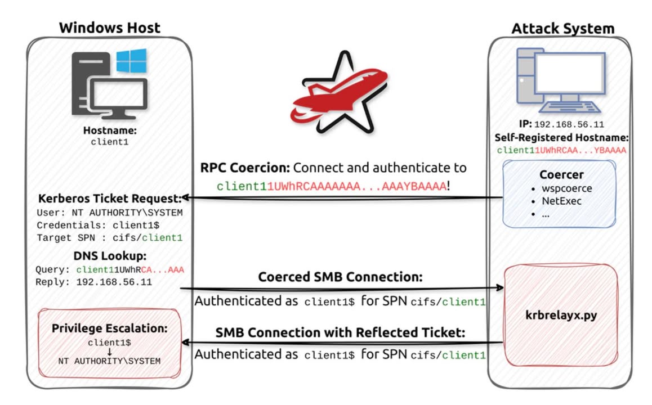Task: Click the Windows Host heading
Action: [109, 28]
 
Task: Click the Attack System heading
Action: [562, 28]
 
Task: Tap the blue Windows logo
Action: [131, 60]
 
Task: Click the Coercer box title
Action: [561, 175]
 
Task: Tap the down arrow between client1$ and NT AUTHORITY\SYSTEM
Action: [109, 351]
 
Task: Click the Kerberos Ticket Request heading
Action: [109, 200]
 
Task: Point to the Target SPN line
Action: [110, 238]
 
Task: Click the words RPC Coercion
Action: [245, 168]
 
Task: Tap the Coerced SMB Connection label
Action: [340, 277]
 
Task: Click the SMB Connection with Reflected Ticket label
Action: [340, 332]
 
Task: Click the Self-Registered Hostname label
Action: [561, 137]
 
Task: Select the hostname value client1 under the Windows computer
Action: [109, 142]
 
